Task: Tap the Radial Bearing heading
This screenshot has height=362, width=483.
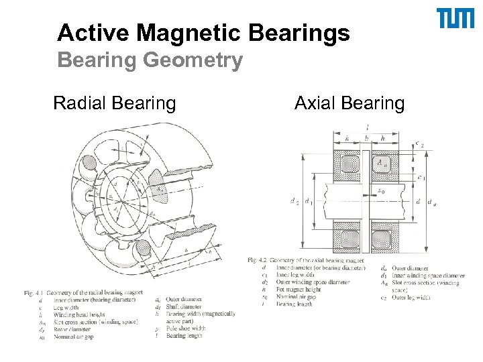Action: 114,103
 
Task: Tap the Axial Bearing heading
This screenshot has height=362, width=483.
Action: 350,103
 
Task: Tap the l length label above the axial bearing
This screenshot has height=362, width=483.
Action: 367,127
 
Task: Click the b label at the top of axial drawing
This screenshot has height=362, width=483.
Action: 366,138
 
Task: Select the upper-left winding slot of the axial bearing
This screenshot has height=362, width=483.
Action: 350,162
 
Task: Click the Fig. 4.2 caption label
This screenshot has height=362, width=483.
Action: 258,260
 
